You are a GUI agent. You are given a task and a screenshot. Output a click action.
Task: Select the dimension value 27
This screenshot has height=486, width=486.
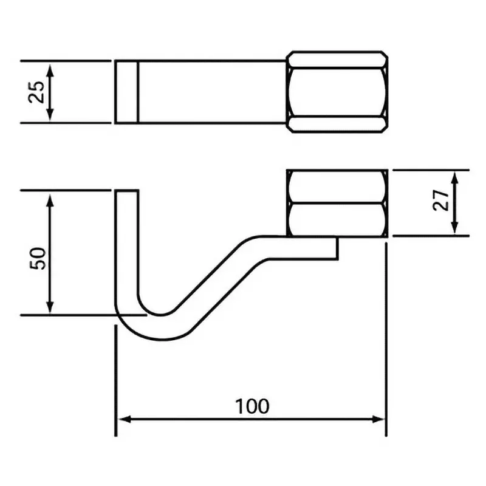(442, 200)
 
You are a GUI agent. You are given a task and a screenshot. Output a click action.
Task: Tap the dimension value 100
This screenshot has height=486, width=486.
(252, 405)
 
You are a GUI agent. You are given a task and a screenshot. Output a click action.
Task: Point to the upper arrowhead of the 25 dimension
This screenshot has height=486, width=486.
(50, 66)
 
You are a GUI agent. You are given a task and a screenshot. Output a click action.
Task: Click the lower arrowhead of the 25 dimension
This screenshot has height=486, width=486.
(50, 117)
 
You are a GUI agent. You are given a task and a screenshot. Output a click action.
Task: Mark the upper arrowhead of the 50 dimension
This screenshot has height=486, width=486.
(50, 196)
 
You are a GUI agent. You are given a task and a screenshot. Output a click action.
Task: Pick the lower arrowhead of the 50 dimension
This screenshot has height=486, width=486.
(50, 309)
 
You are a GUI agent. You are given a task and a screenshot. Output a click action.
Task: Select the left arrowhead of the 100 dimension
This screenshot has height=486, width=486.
(121, 419)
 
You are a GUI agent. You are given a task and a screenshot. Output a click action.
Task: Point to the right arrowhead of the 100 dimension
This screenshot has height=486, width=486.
(381, 419)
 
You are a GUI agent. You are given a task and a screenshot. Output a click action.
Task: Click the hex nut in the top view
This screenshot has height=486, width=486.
(337, 92)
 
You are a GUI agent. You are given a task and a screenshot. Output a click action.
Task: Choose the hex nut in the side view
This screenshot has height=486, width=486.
(337, 203)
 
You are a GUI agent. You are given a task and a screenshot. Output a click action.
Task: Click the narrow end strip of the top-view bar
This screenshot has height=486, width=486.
(127, 92)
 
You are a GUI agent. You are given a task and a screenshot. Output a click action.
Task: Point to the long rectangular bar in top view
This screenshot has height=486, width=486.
(213, 92)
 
